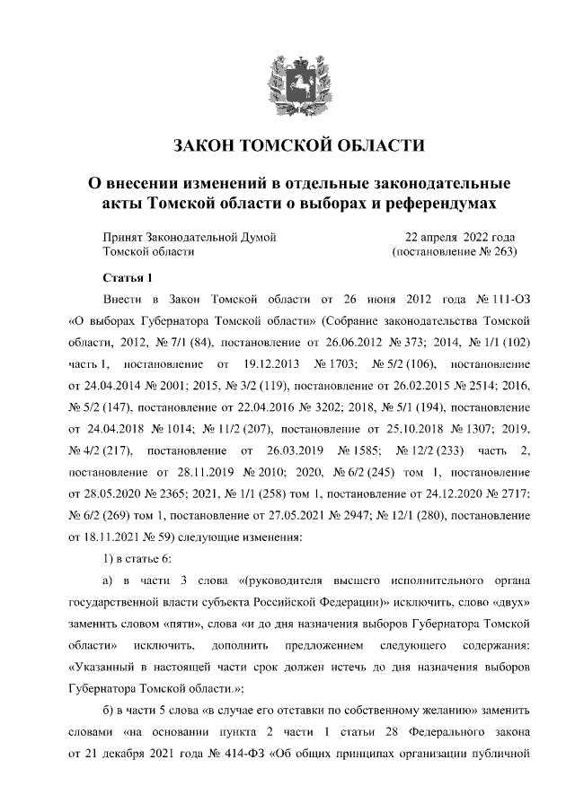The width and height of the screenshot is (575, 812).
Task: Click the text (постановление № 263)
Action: coord(455,253)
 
